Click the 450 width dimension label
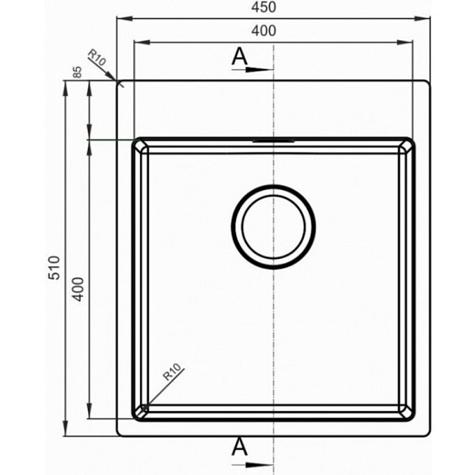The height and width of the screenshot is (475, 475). [264, 7]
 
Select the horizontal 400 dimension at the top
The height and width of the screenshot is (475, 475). [264, 31]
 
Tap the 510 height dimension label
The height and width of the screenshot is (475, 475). [55, 268]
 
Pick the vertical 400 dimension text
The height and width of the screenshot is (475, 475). [78, 289]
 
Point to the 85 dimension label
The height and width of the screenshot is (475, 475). [78, 72]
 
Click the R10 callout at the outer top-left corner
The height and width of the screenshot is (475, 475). [97, 58]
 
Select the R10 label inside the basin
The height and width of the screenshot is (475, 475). [172, 372]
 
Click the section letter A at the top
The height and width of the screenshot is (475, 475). [239, 57]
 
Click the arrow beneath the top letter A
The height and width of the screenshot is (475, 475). [252, 70]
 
